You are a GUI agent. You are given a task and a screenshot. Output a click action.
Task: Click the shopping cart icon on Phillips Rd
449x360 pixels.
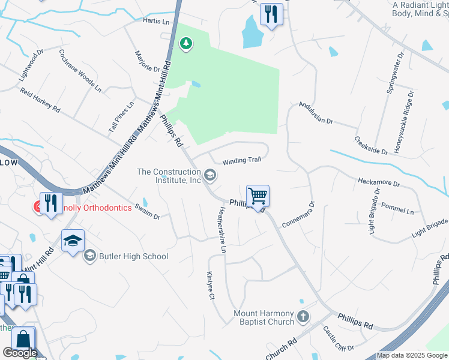(x=258, y=196)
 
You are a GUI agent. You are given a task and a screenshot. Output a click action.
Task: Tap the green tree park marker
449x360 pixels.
(x=187, y=43)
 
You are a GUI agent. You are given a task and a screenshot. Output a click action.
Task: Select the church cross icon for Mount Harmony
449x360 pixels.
(x=304, y=316)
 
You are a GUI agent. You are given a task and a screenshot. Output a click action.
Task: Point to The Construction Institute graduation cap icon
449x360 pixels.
(x=209, y=176)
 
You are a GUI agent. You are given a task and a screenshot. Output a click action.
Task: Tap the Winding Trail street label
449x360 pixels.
(x=241, y=160)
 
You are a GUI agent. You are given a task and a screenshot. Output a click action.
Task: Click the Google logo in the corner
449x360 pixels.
(x=20, y=353)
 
